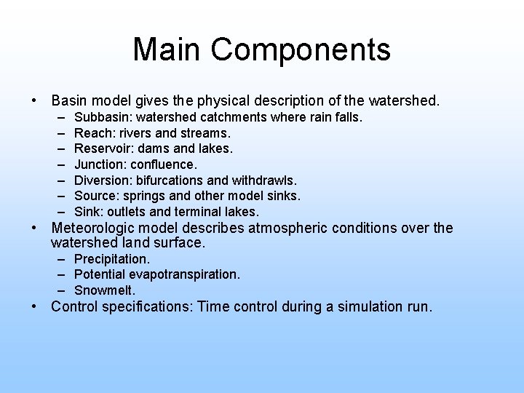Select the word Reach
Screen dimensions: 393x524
tap(92, 133)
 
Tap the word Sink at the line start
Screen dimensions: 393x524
tap(88, 212)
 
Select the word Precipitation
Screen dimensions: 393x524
tap(112, 259)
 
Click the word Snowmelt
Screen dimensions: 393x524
tap(105, 290)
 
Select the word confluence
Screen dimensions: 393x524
tap(164, 164)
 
